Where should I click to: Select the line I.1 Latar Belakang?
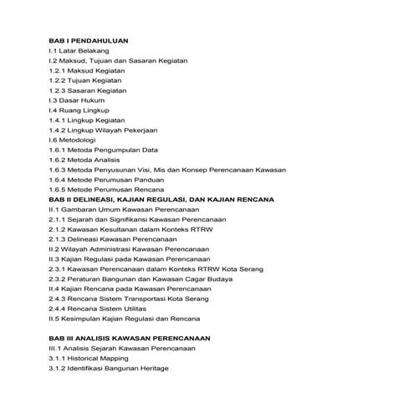79,51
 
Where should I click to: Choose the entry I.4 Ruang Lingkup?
79,110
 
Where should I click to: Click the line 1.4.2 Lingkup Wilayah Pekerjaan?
104,130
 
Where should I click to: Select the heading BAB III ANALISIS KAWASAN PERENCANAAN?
129,338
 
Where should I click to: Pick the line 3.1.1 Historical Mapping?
92,358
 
